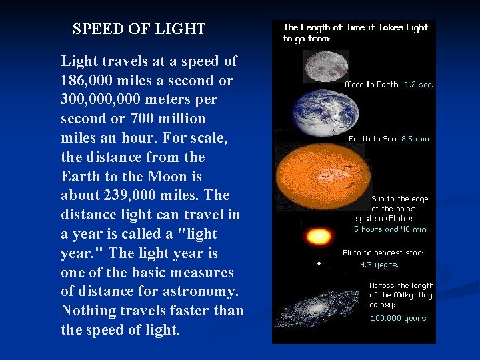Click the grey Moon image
pyautogui.click(x=326, y=65)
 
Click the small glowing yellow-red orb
pyautogui.click(x=317, y=237)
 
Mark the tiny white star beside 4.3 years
pyautogui.click(x=319, y=263)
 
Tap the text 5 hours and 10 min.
pyautogui.click(x=390, y=229)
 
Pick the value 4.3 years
pyautogui.click(x=379, y=265)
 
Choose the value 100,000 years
pyautogui.click(x=397, y=318)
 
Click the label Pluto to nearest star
pyautogui.click(x=383, y=253)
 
